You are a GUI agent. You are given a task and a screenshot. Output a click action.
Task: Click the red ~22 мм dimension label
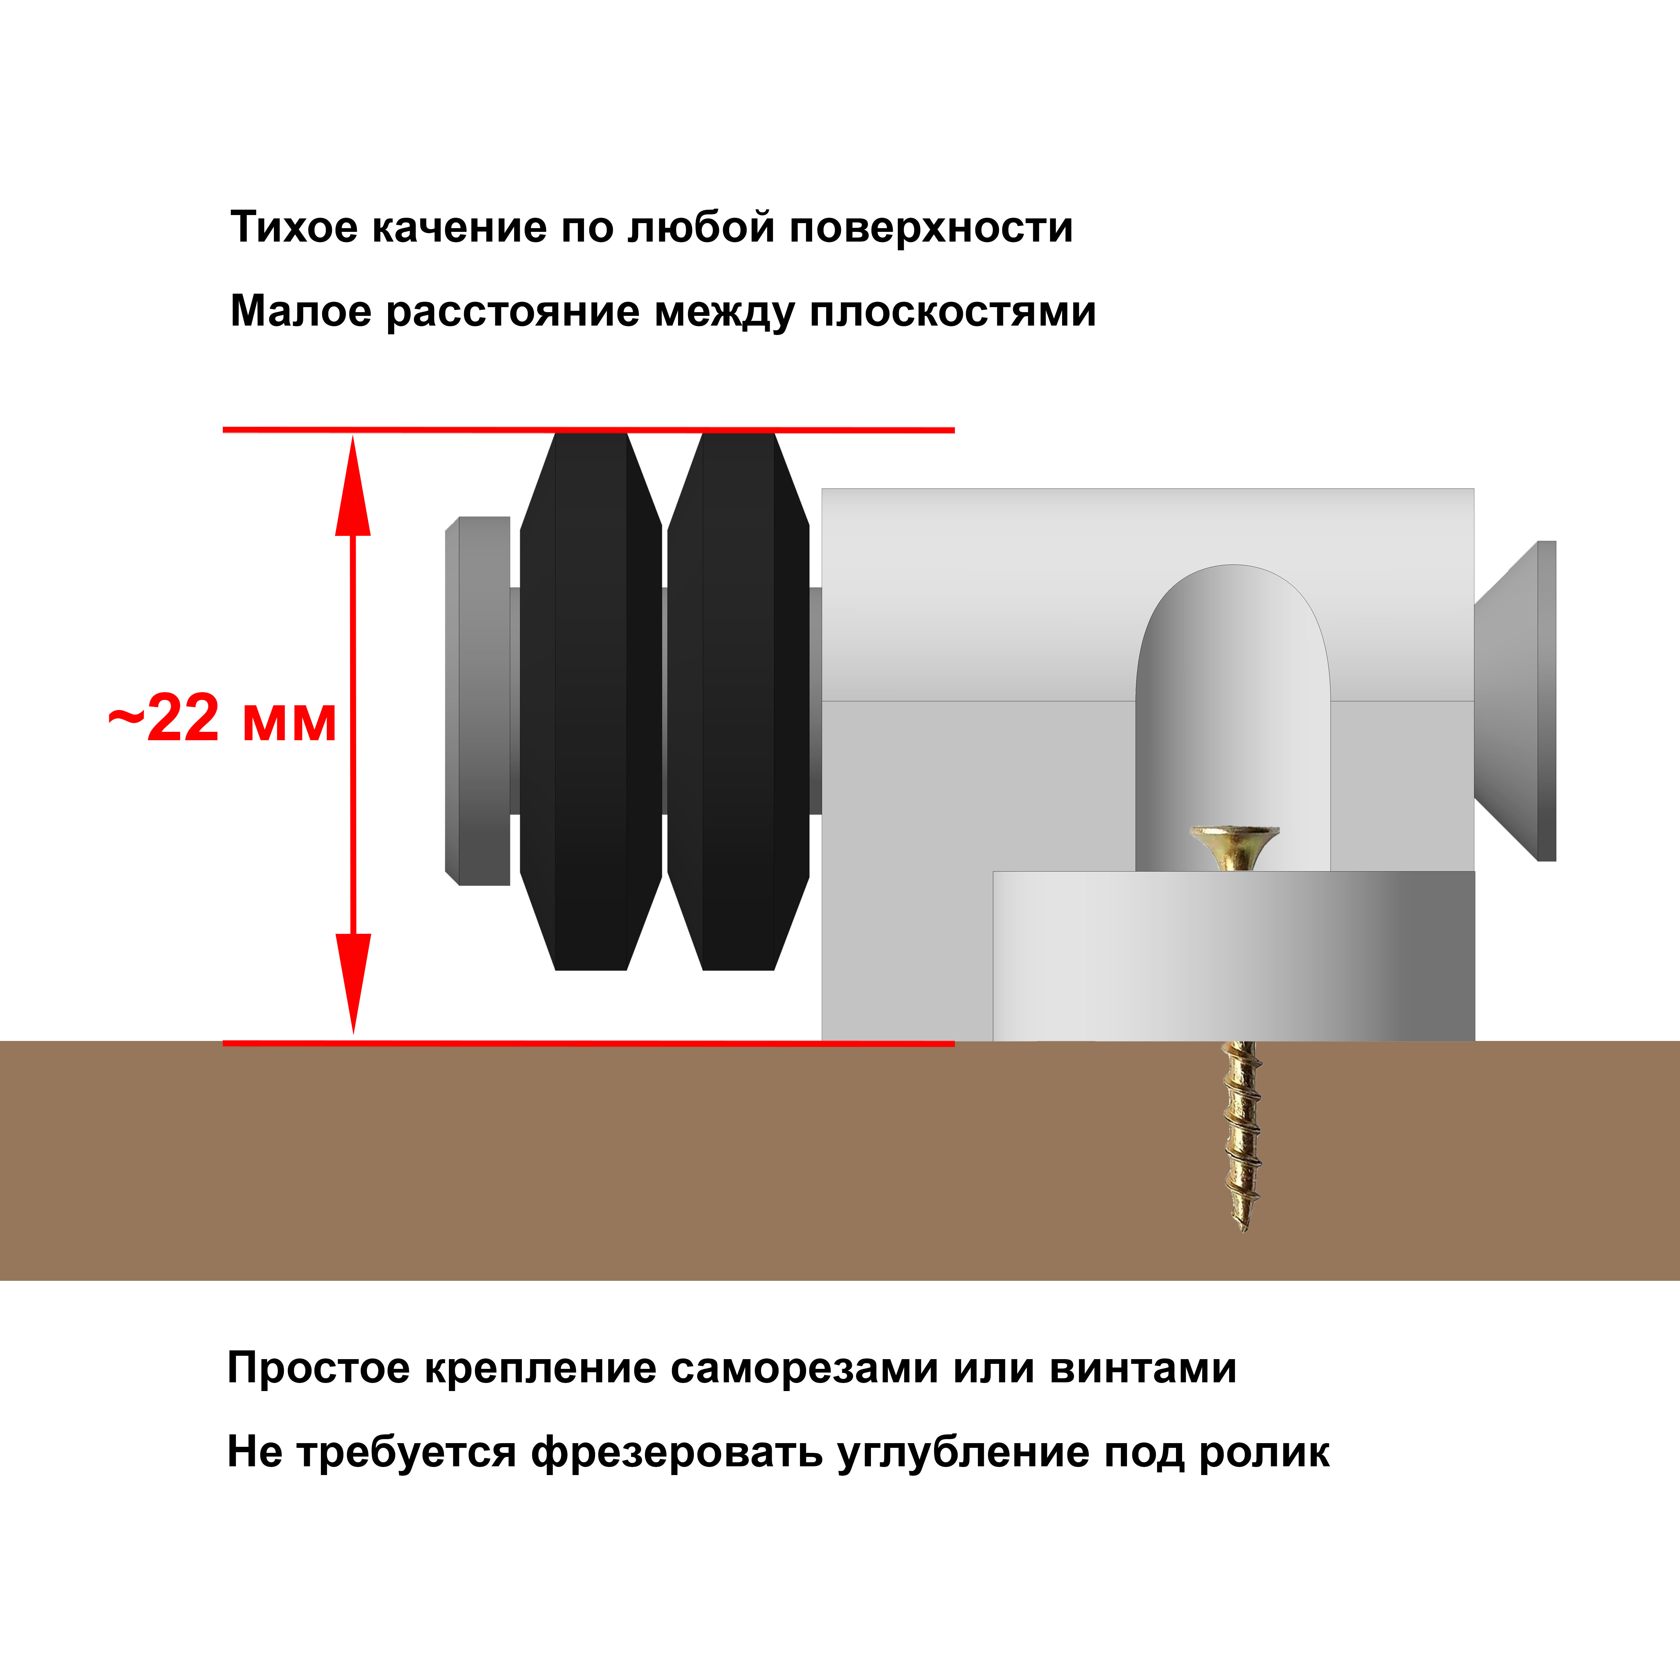click(x=222, y=720)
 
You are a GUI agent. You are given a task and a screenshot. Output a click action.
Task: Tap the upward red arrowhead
click(x=353, y=487)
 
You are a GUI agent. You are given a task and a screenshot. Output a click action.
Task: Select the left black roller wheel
click(x=590, y=701)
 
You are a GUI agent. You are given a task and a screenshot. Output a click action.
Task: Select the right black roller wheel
click(x=738, y=701)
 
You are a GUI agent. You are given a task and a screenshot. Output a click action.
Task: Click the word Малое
click(x=300, y=311)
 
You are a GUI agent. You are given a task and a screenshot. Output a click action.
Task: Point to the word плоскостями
click(x=952, y=311)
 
